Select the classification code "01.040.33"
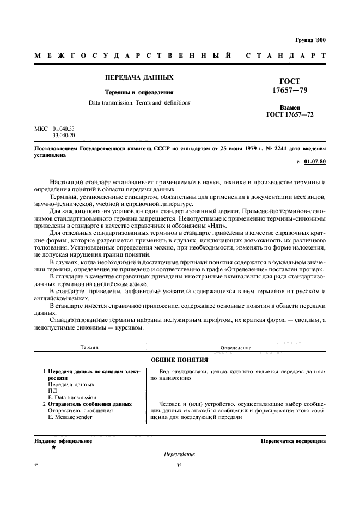63,129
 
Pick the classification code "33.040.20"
63,135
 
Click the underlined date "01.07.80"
315,162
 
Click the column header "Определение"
235,347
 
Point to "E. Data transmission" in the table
72,398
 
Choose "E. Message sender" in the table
70,417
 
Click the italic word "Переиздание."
180,454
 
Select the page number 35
180,466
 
